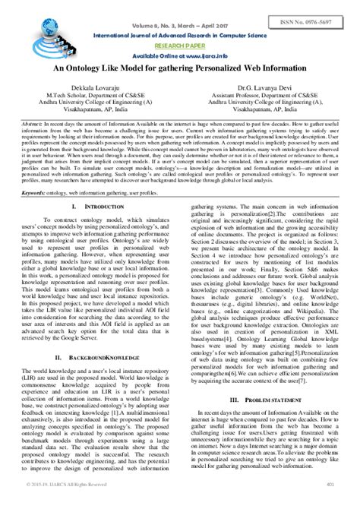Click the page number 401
[x=331, y=502]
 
